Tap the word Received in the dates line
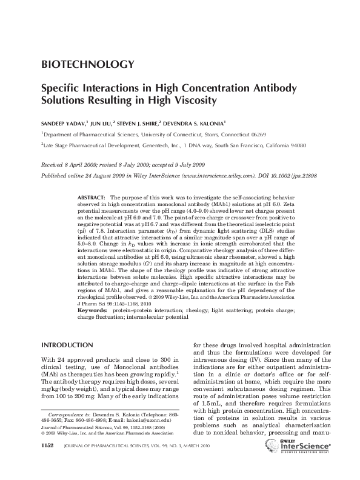click(x=52, y=164)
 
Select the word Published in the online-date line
click(x=55, y=173)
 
